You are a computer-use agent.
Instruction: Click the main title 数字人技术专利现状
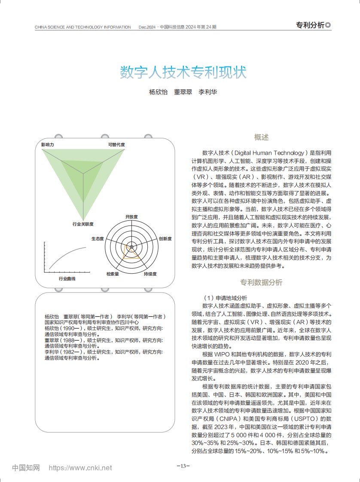(x=183, y=72)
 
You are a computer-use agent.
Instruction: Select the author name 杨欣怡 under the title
(x=158, y=92)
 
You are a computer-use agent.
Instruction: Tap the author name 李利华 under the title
(x=207, y=92)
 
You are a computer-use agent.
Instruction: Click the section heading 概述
(x=261, y=137)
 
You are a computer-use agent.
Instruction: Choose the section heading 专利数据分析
(x=261, y=282)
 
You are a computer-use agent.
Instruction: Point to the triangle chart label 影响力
(x=48, y=145)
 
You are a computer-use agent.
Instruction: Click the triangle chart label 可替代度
(x=116, y=145)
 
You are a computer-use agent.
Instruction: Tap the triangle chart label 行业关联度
(x=83, y=224)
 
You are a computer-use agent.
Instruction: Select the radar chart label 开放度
(x=131, y=217)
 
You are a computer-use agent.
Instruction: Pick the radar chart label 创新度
(x=165, y=238)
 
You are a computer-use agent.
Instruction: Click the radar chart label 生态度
(x=98, y=238)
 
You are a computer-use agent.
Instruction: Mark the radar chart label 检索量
(x=113, y=274)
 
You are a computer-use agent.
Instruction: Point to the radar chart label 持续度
(x=150, y=274)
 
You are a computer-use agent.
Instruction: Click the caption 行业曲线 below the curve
(x=67, y=279)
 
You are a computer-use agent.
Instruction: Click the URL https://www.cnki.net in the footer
(x=80, y=468)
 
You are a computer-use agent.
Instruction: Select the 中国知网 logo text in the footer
(x=26, y=468)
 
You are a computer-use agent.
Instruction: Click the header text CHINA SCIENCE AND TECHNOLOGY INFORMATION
(x=83, y=27)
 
